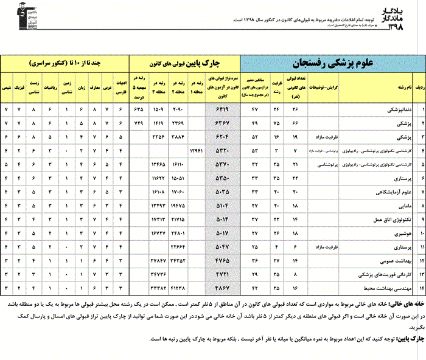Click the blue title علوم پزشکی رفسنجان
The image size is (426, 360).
click(x=333, y=63)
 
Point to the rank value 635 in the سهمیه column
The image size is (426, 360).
click(x=139, y=109)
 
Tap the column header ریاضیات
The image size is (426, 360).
click(x=52, y=88)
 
